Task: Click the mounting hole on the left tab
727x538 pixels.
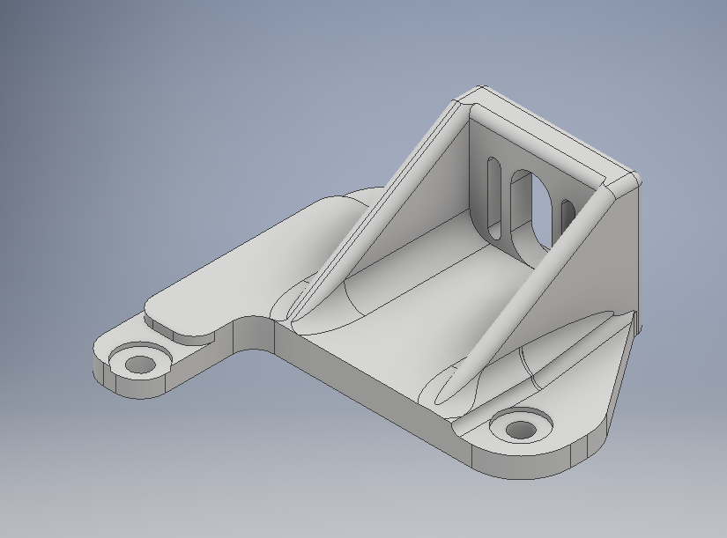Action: [138, 363]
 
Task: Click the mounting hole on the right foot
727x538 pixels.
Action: [521, 430]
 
